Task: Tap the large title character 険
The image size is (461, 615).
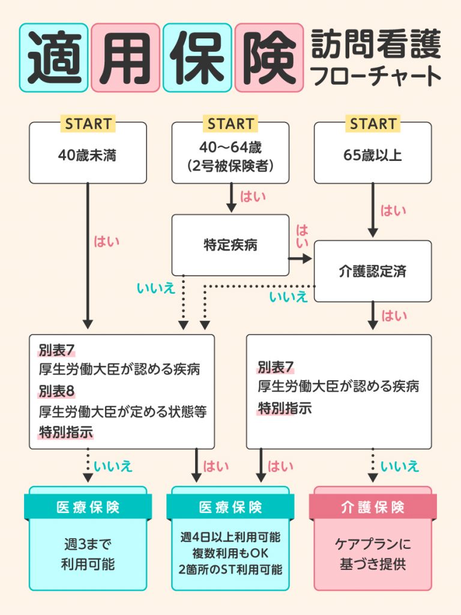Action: click(268, 58)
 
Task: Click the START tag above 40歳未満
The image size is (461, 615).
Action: click(88, 124)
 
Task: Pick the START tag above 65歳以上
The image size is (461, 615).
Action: click(373, 124)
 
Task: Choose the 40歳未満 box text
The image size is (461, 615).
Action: click(88, 156)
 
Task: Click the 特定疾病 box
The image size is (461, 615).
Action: click(230, 245)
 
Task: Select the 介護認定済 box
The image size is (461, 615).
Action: click(373, 271)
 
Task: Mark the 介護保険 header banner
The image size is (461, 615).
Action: click(373, 507)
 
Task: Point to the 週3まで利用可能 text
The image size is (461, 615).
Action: click(88, 554)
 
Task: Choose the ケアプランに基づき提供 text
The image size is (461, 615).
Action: click(373, 554)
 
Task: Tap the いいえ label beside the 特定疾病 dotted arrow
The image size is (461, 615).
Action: click(156, 288)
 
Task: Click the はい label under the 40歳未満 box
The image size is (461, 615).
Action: click(107, 241)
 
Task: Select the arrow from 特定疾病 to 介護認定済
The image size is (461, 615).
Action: click(300, 259)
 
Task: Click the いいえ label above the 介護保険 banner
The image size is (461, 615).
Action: click(400, 465)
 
